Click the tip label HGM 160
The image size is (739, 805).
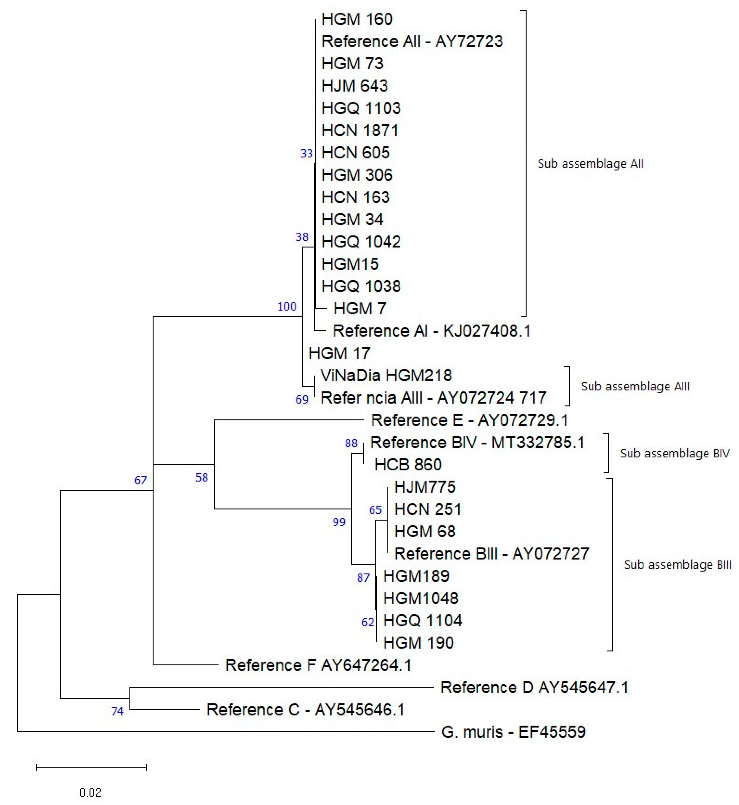357,19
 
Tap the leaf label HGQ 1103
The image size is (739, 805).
361,108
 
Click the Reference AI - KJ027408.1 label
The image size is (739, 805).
432,331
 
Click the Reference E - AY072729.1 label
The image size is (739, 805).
470,420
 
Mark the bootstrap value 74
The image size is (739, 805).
117,711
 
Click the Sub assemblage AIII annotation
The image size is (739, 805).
635,386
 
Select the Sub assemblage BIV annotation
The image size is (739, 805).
675,453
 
